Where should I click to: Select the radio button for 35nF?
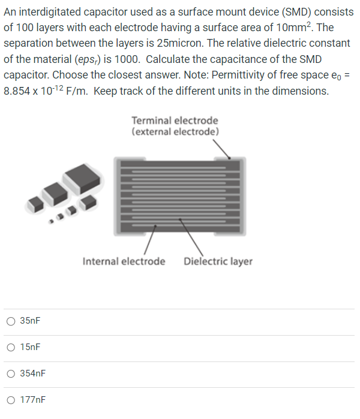[x=11, y=321]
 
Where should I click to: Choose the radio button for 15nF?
[x=11, y=347]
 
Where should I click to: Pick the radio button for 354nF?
[x=11, y=373]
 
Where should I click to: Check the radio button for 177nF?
[x=11, y=399]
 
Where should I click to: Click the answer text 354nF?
[x=33, y=373]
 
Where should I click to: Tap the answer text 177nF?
[x=33, y=399]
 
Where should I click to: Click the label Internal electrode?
[x=124, y=261]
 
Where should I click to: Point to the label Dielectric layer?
[x=218, y=261]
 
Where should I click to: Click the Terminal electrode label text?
[x=175, y=121]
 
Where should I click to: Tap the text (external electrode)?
[x=175, y=131]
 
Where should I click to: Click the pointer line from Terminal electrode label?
[x=223, y=147]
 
